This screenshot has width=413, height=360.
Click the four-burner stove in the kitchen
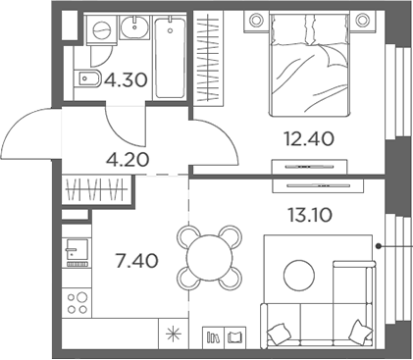(76, 299)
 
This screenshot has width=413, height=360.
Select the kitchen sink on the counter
(76, 256)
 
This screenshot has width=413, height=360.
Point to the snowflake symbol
(175, 335)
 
